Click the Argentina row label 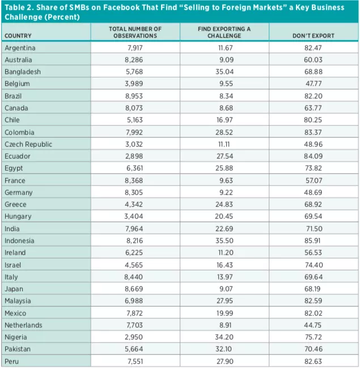click(x=20, y=48)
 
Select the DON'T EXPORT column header click(x=313, y=36)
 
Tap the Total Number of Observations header click(x=134, y=32)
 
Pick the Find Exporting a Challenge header click(x=224, y=32)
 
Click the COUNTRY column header click(x=18, y=36)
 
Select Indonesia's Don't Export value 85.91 click(x=313, y=240)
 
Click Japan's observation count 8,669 click(x=134, y=289)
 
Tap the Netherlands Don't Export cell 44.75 click(x=313, y=325)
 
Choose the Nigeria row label click(x=16, y=337)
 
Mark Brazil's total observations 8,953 click(x=134, y=96)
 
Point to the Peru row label click(x=12, y=361)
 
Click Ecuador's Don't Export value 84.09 click(x=313, y=156)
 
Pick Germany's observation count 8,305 click(x=134, y=192)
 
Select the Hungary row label click(x=18, y=216)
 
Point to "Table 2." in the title click(x=18, y=7)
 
